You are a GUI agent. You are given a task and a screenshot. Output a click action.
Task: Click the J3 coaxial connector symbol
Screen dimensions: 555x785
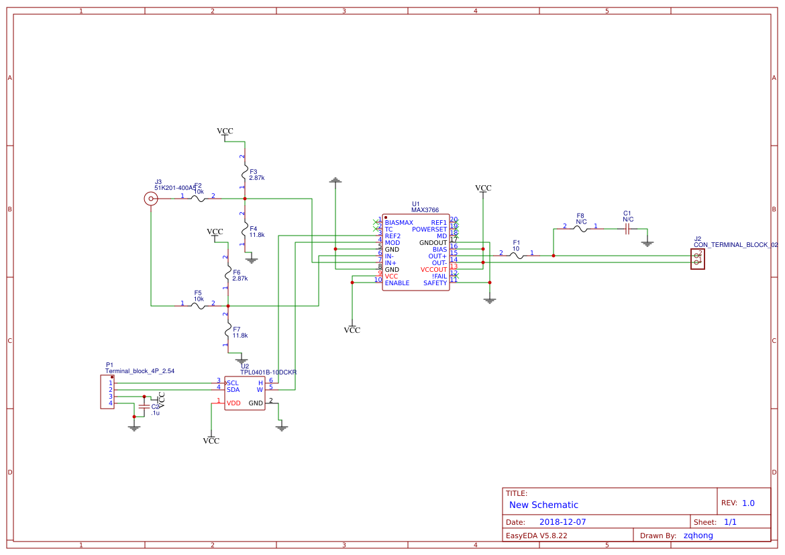tap(151, 199)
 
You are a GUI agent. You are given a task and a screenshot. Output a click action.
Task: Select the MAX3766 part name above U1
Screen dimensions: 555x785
tap(425, 210)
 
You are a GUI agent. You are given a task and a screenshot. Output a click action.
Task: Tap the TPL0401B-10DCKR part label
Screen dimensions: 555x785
tap(268, 372)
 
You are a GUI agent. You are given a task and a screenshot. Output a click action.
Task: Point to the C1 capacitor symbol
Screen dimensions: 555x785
tap(627, 229)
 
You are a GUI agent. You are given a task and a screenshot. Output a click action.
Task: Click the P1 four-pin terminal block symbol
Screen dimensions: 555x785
tap(107, 393)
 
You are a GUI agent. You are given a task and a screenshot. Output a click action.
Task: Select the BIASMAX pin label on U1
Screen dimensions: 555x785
tap(399, 223)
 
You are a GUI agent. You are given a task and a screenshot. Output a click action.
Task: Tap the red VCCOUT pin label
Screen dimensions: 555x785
tap(433, 270)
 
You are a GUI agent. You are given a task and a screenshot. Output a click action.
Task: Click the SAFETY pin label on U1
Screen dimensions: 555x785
tap(435, 283)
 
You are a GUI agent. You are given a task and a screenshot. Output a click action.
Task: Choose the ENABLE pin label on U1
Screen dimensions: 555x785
tap(397, 283)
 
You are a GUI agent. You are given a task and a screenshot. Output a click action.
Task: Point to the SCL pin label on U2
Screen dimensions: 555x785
tap(233, 383)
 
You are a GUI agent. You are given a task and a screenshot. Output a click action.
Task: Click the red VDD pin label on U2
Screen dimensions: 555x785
tap(233, 403)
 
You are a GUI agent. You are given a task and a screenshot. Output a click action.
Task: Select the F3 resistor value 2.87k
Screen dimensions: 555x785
tap(257, 179)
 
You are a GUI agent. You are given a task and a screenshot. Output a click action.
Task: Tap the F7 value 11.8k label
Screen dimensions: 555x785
tap(240, 336)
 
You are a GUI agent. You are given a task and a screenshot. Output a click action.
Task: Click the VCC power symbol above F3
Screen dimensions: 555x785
tap(225, 132)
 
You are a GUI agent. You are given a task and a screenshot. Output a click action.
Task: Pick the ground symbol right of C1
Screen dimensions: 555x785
tap(647, 243)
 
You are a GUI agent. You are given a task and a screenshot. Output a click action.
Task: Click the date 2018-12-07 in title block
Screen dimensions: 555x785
tap(562, 522)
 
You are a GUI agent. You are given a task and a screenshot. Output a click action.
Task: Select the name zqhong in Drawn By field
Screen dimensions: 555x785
tap(698, 536)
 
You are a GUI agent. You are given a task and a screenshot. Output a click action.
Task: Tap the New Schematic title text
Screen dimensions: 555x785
tap(543, 505)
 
